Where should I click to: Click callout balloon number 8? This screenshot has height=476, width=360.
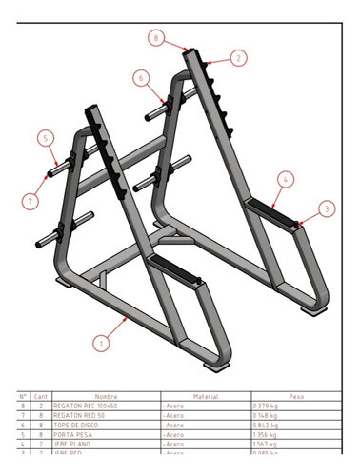(156, 37)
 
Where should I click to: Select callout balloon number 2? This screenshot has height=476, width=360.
(238, 57)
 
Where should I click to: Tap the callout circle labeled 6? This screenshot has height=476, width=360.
(142, 78)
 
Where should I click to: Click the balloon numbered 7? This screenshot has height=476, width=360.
(31, 200)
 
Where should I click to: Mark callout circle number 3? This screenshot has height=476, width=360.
(327, 208)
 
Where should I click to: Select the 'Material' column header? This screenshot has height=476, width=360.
(205, 396)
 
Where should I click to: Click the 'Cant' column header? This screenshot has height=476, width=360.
(41, 396)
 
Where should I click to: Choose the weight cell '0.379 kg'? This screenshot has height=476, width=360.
(267, 406)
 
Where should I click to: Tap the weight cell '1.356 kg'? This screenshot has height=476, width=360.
(267, 433)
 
